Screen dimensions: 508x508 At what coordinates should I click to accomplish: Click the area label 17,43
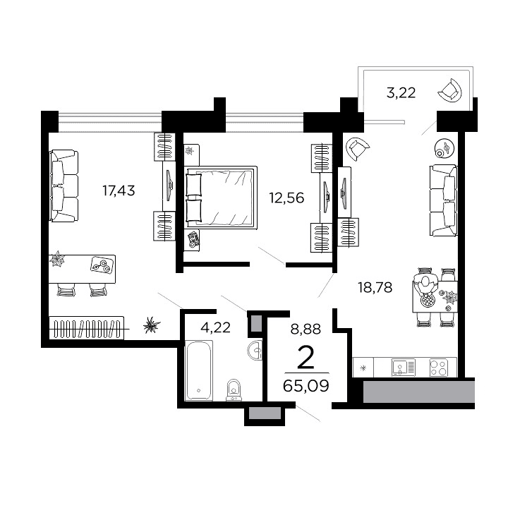click(119, 190)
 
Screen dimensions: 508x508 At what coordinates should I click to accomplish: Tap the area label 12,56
click(286, 198)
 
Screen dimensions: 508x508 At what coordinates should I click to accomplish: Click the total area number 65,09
click(306, 385)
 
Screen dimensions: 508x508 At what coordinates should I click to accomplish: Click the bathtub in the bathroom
click(202, 370)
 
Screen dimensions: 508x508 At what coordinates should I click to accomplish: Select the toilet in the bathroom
click(234, 389)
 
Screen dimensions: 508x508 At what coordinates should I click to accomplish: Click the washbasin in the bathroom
click(255, 351)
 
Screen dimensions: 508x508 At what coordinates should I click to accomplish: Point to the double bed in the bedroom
click(220, 197)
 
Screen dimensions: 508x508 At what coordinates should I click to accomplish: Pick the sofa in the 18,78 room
click(442, 200)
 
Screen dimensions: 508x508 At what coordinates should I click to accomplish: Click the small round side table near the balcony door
click(445, 149)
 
